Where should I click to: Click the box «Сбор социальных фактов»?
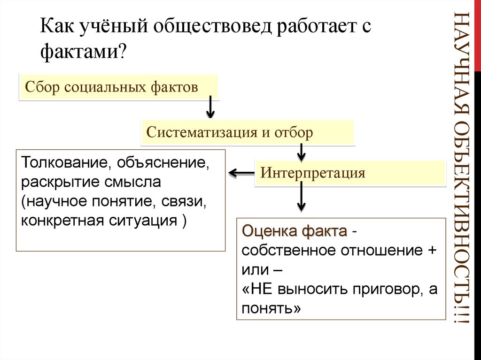coord(118,87)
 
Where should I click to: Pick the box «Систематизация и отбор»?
coord(247,132)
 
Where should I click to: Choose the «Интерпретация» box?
coord(349,173)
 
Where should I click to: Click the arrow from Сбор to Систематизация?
coord(210,107)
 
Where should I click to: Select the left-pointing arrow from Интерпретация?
coord(241,173)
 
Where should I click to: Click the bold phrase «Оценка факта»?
coord(295,231)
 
